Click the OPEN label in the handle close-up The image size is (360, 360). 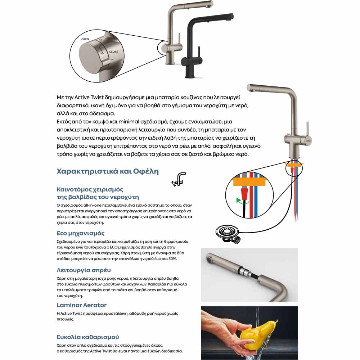click(85, 39)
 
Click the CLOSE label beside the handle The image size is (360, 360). click(113, 52)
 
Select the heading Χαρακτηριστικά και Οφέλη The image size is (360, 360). click(108, 171)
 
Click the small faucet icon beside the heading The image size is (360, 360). click(179, 179)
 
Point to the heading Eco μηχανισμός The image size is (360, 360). click(81, 233)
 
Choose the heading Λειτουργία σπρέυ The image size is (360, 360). click(84, 270)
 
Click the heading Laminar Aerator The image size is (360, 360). click(82, 305)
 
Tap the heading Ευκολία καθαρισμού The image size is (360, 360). click(88, 337)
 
